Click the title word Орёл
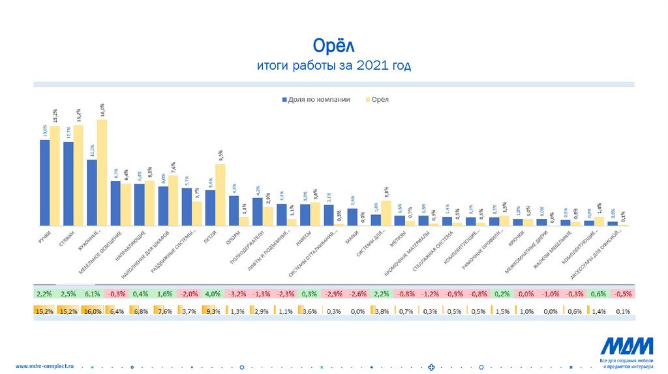click(x=333, y=46)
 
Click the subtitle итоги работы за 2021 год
click(x=333, y=66)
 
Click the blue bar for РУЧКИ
click(x=45, y=182)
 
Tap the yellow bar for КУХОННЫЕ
click(x=102, y=173)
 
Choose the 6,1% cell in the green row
click(x=93, y=294)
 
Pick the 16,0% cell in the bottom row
click(x=93, y=311)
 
